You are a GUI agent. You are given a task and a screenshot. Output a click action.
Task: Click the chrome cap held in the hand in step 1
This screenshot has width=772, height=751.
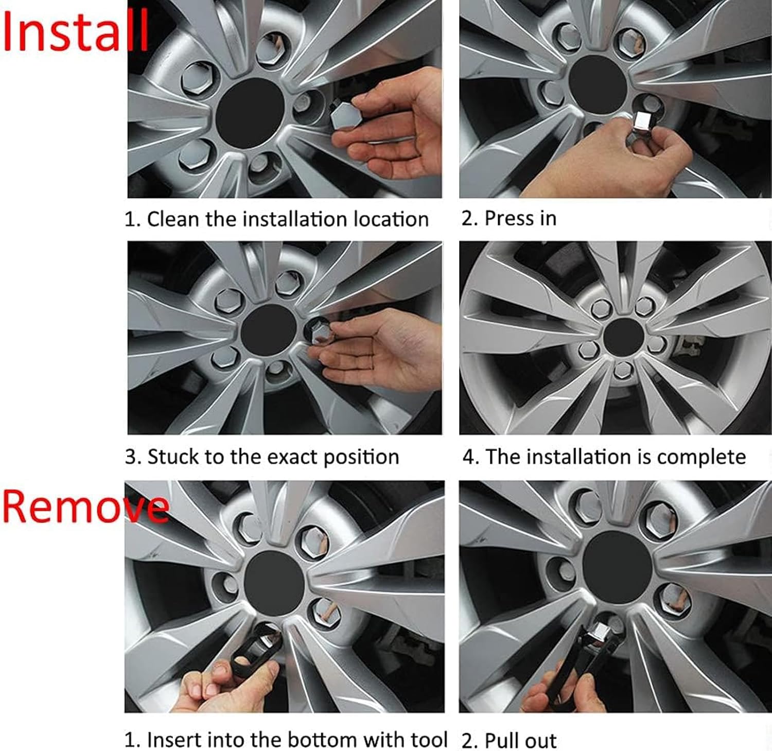[342, 115]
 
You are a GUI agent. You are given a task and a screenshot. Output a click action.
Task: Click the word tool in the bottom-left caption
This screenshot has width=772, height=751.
[429, 740]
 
